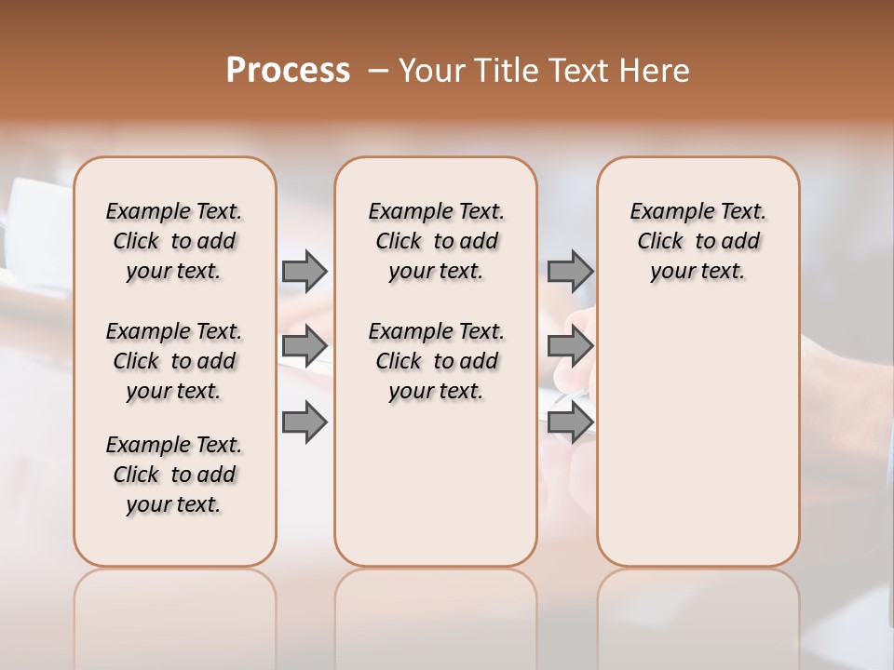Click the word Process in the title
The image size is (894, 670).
tap(288, 71)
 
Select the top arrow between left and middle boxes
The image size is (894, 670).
tap(305, 271)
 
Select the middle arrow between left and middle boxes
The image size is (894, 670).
tap(305, 346)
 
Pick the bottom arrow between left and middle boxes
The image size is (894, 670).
tap(305, 422)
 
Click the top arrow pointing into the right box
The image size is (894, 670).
tap(570, 271)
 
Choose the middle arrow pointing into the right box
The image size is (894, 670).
tap(570, 346)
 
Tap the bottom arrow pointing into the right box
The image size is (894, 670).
tap(570, 422)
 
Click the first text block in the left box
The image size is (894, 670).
tap(174, 241)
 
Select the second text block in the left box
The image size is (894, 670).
tap(174, 361)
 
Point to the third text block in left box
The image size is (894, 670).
tap(174, 475)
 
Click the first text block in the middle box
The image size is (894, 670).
tap(436, 241)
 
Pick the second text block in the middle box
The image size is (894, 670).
tap(436, 361)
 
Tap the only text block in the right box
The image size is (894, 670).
tap(698, 241)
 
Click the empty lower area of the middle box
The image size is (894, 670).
tap(436, 484)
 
